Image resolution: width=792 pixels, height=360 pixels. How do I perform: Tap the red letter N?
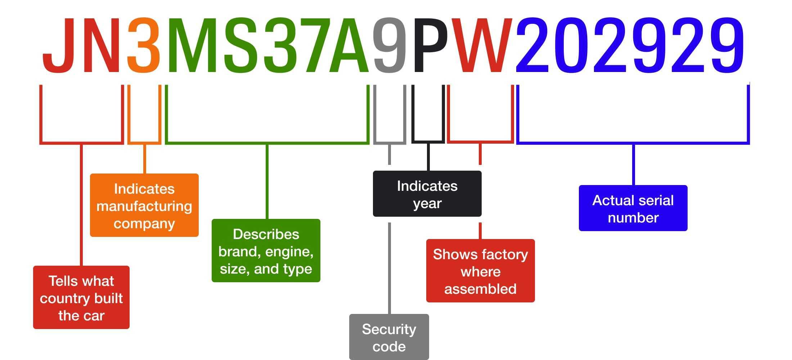102,45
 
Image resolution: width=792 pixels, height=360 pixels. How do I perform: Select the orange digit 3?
144,45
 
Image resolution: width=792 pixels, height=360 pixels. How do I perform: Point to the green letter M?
193,45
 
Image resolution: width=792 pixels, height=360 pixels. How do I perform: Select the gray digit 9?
390,45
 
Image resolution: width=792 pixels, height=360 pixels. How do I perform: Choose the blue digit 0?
573,45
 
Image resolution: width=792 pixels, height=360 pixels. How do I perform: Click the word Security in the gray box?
389,329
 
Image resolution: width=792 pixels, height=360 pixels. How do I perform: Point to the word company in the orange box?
144,224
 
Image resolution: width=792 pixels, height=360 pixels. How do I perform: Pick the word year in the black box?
427,203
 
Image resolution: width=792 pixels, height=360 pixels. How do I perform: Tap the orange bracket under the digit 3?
144,143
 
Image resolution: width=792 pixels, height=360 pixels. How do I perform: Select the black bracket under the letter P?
428,141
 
